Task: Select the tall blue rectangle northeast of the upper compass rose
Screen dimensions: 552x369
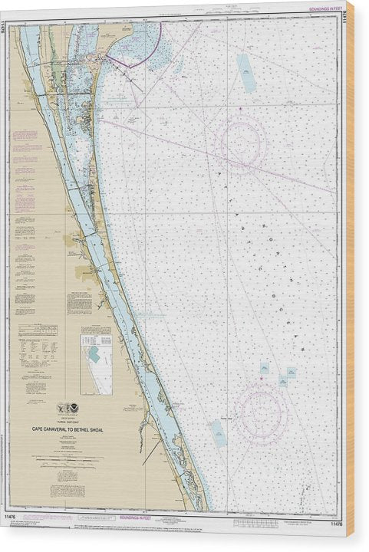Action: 246,74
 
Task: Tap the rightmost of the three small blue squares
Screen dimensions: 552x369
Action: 292,373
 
